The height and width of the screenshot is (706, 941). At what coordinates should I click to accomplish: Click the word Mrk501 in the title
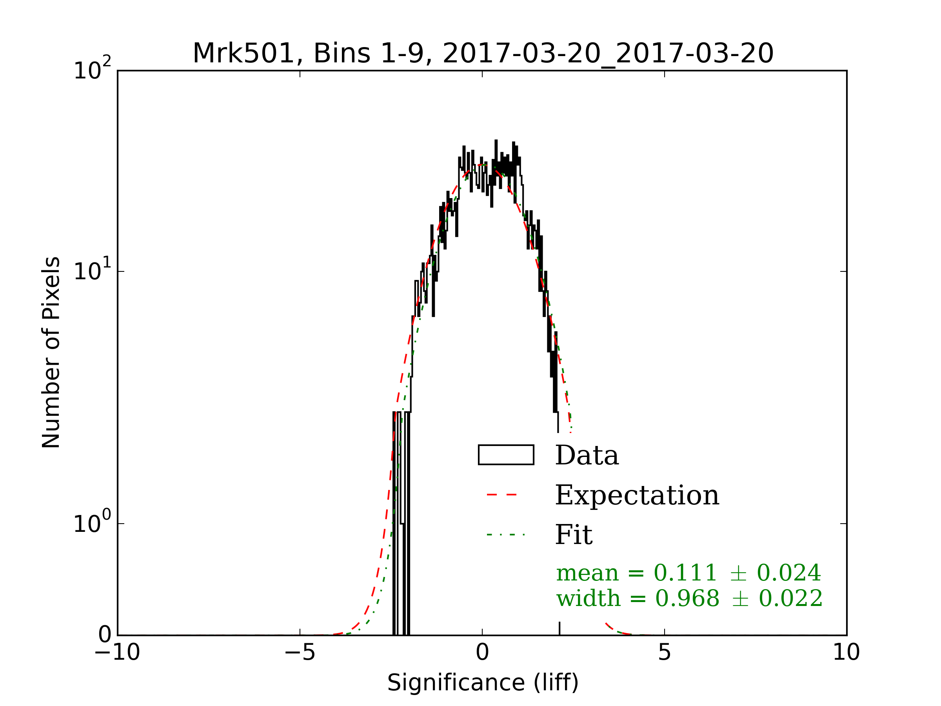[x=243, y=54]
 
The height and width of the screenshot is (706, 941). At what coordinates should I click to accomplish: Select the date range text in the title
[x=607, y=54]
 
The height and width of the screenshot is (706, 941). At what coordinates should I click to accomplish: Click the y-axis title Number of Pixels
[x=51, y=352]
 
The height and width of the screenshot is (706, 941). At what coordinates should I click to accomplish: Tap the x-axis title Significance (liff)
[x=483, y=683]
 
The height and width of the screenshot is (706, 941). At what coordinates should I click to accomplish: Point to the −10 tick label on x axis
[x=117, y=652]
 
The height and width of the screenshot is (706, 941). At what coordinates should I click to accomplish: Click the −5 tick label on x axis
[x=300, y=652]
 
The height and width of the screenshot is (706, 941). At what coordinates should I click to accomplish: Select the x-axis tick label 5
[x=665, y=652]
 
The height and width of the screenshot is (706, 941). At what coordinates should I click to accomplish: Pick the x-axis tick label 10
[x=846, y=652]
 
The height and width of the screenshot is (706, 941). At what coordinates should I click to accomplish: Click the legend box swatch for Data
[x=506, y=455]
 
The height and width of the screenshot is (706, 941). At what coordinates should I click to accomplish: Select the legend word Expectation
[x=637, y=495]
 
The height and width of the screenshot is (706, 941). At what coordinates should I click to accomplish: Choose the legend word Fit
[x=574, y=535]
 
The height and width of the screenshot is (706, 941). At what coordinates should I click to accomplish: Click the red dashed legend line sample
[x=502, y=495]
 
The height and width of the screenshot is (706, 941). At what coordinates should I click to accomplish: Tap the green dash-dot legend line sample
[x=506, y=535]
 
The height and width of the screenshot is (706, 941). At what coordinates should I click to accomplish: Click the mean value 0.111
[x=685, y=573]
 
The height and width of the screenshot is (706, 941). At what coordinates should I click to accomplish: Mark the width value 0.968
[x=687, y=599]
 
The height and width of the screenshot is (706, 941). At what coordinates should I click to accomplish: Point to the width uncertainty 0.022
[x=790, y=599]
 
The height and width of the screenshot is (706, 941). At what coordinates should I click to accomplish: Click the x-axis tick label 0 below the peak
[x=482, y=652]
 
